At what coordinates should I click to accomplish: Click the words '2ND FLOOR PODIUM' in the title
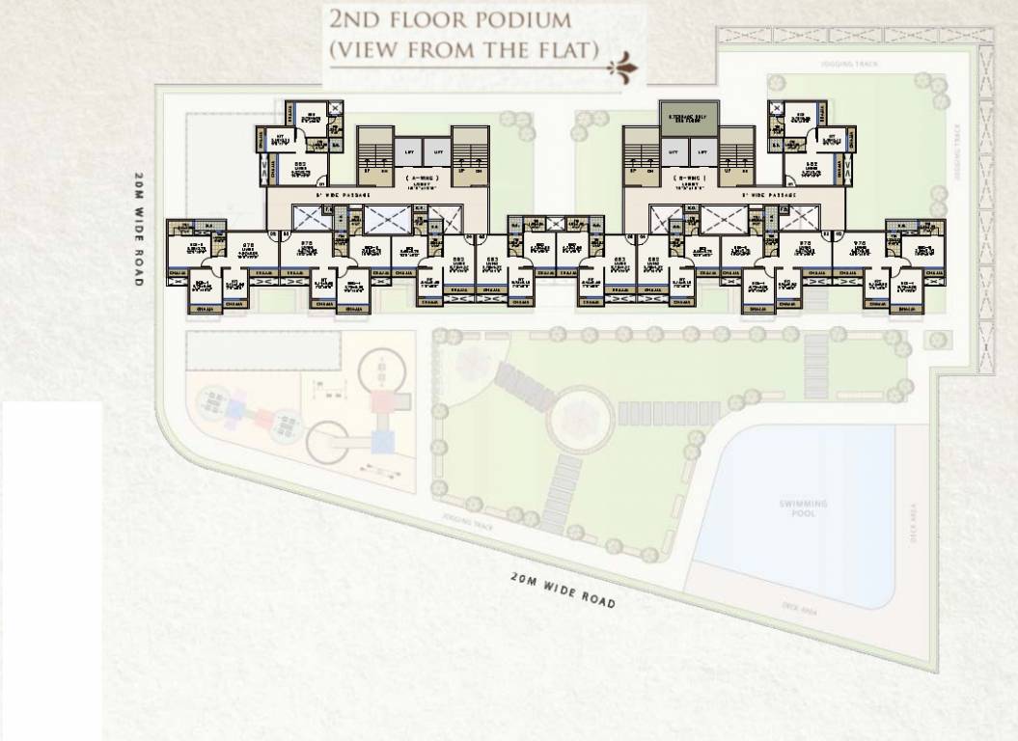pos(450,19)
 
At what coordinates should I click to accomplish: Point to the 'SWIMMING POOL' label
pos(804,508)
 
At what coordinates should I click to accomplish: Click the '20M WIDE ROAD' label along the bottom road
pos(563,589)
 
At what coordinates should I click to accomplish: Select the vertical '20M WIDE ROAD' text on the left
pos(139,229)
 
